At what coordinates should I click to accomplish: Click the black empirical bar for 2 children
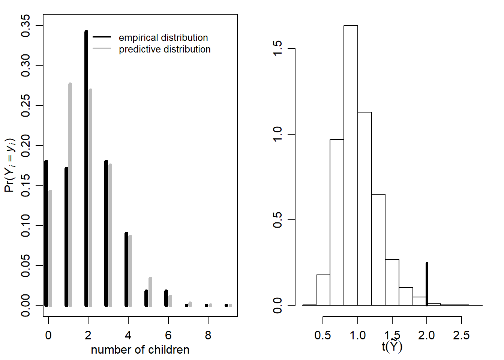coord(86,169)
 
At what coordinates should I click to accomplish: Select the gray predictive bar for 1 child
coord(70,195)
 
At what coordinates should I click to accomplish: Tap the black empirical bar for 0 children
coord(46,232)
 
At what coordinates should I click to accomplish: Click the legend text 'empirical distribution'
coord(163,37)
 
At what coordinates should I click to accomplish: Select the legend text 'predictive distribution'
coord(165,49)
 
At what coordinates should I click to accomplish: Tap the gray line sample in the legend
coord(102,49)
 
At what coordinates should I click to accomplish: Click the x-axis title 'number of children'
coord(140,349)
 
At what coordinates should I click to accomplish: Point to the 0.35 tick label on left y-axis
coord(25,25)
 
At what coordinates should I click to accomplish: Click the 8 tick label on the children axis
coord(208,335)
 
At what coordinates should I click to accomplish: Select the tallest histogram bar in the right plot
coord(351,165)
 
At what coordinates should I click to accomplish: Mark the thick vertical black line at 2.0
coord(427,284)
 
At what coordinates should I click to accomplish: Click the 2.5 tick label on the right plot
coord(461,335)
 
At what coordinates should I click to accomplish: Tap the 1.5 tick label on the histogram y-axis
coord(277,48)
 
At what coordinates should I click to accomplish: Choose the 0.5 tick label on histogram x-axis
coord(323,335)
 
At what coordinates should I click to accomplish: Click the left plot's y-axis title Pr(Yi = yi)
coord(10,165)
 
